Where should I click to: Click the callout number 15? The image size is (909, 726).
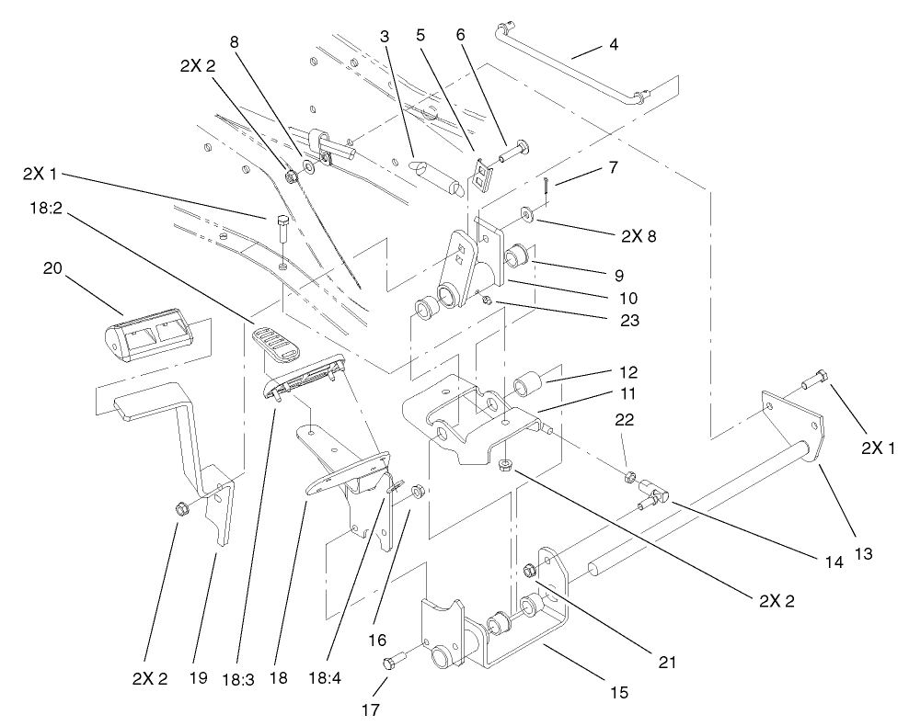(x=620, y=693)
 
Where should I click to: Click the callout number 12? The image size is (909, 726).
(x=604, y=372)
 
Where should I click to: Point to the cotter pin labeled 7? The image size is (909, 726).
(x=547, y=184)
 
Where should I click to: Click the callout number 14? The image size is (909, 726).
(x=834, y=562)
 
